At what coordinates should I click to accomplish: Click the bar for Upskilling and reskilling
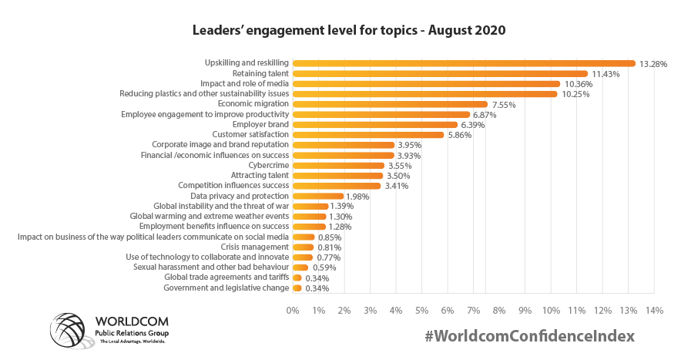(462, 63)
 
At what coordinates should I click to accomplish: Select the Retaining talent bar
(439, 73)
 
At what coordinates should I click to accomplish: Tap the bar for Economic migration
(389, 104)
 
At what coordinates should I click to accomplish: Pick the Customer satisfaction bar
(367, 135)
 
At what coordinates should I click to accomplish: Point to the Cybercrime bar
(337, 165)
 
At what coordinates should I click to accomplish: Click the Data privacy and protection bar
(317, 196)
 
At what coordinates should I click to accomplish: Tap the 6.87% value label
(485, 114)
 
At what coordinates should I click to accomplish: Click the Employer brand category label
(260, 124)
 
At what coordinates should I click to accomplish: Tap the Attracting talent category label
(254, 175)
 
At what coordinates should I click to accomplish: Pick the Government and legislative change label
(226, 288)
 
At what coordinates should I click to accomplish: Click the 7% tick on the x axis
(473, 310)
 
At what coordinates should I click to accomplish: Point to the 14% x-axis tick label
(654, 310)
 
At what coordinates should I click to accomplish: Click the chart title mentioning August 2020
(348, 32)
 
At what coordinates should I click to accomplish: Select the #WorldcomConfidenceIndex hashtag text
(530, 336)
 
